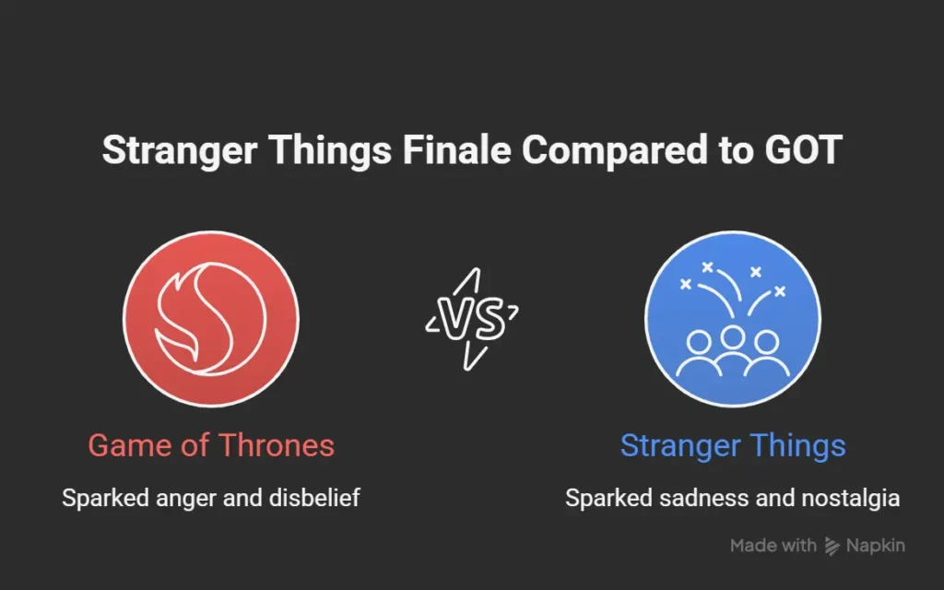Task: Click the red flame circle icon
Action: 210,318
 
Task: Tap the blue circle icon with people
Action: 733,318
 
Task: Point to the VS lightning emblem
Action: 471,319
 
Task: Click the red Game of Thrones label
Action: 211,446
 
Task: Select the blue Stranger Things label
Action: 733,446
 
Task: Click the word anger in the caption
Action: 181,499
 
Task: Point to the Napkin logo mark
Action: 832,546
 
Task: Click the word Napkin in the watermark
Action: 877,546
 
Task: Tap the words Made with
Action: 773,546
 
